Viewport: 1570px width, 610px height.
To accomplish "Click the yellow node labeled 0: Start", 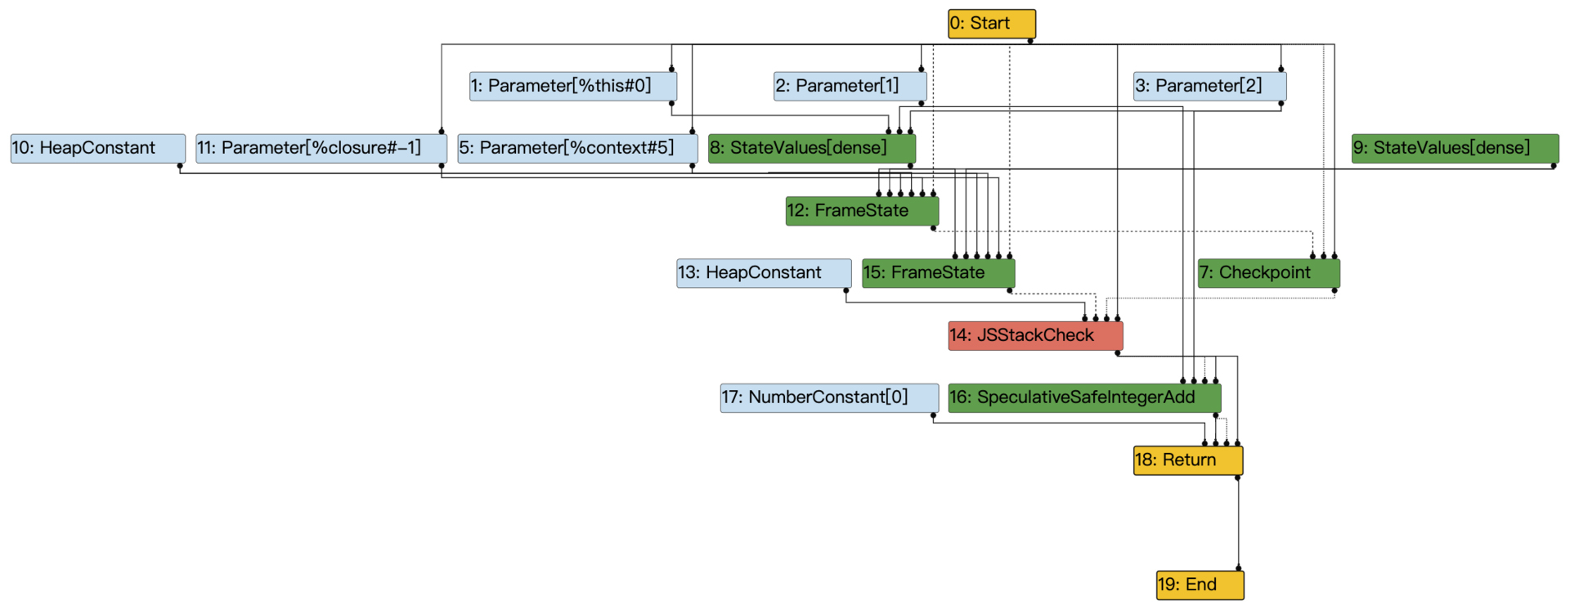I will click(x=991, y=24).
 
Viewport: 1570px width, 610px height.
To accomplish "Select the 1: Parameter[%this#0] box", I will click(x=572, y=86).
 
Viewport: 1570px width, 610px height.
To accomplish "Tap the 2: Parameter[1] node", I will click(x=850, y=86).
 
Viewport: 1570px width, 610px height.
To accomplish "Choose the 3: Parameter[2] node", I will click(x=1209, y=86).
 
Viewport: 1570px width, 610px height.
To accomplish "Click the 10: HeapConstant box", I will click(x=97, y=148).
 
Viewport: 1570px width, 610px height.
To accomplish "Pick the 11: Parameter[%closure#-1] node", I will click(x=321, y=148).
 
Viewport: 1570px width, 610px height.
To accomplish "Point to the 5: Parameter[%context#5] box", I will click(x=576, y=148).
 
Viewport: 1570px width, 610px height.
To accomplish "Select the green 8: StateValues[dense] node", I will click(x=811, y=148).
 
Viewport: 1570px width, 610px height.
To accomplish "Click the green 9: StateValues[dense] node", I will click(x=1454, y=148).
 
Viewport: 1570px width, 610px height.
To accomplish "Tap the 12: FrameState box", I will click(x=861, y=211).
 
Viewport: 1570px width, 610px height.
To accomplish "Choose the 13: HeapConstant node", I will click(x=763, y=273).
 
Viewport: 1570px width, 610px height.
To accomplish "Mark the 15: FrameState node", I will click(x=938, y=273).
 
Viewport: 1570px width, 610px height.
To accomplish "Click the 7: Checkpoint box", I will click(x=1267, y=273).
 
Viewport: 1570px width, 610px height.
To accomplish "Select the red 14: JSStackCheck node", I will click(x=1034, y=335).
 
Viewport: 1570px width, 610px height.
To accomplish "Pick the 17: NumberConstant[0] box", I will click(x=828, y=397).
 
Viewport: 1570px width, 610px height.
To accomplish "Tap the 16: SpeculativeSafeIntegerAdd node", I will click(x=1083, y=397).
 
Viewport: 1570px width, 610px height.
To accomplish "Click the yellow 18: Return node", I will click(x=1187, y=460).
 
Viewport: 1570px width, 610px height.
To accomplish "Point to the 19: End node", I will click(x=1199, y=585).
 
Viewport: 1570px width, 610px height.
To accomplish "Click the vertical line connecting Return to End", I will click(x=1238, y=523).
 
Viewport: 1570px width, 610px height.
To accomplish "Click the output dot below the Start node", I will click(x=1030, y=41).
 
